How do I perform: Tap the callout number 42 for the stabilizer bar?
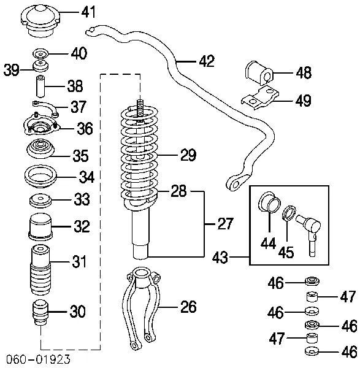coord(207,61)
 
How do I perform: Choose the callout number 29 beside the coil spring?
coord(189,155)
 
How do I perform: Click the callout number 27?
coord(226,223)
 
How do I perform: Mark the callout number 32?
coord(82,226)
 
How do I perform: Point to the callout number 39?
coord(12,70)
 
